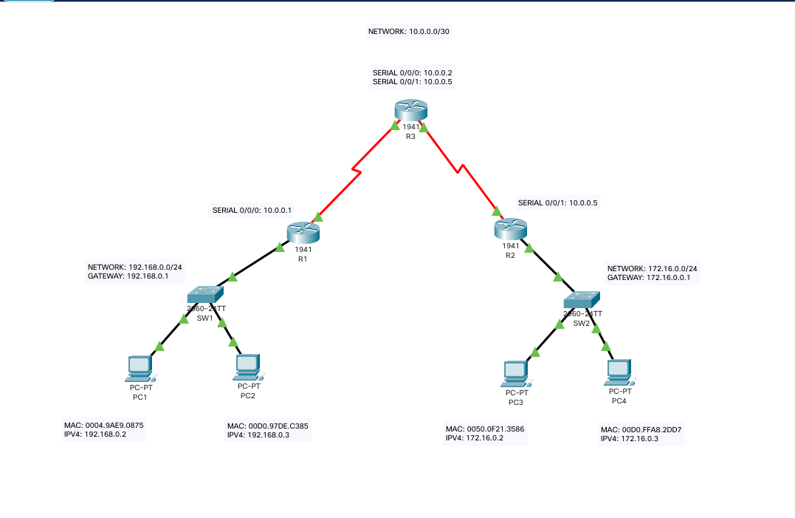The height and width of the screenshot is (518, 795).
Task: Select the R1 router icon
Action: [303, 233]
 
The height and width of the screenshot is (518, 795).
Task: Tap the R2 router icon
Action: [511, 228]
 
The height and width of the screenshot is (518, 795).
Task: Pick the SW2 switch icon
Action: [582, 299]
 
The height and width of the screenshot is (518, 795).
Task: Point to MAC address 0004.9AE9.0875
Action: [104, 426]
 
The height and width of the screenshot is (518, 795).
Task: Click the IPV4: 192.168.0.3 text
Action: [258, 436]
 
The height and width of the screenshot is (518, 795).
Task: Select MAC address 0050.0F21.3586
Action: [485, 428]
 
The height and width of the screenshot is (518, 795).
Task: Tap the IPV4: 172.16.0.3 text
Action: [630, 439]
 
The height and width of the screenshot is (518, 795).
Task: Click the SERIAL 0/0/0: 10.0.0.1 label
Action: [252, 211]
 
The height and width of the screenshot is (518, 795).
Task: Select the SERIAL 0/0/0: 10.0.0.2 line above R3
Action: [413, 72]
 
